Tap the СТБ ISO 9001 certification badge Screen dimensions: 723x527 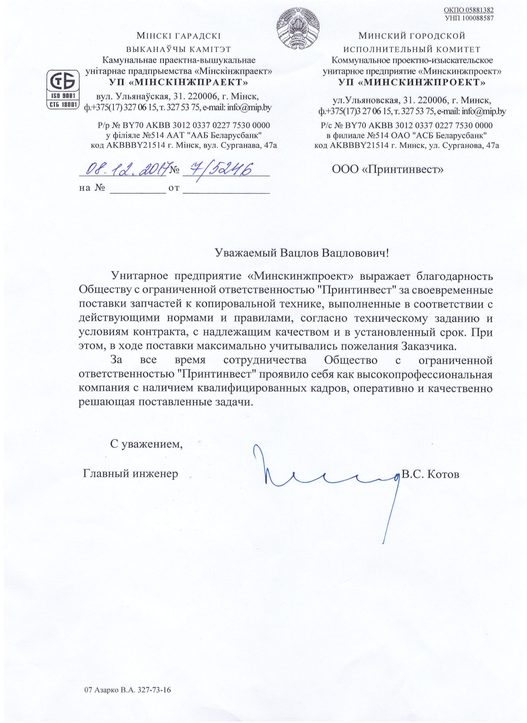click(63, 90)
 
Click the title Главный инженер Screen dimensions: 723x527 click(130, 474)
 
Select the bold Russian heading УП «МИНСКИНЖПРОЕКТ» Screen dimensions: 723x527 click(412, 82)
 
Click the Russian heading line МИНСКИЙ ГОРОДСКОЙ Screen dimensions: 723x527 click(412, 36)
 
